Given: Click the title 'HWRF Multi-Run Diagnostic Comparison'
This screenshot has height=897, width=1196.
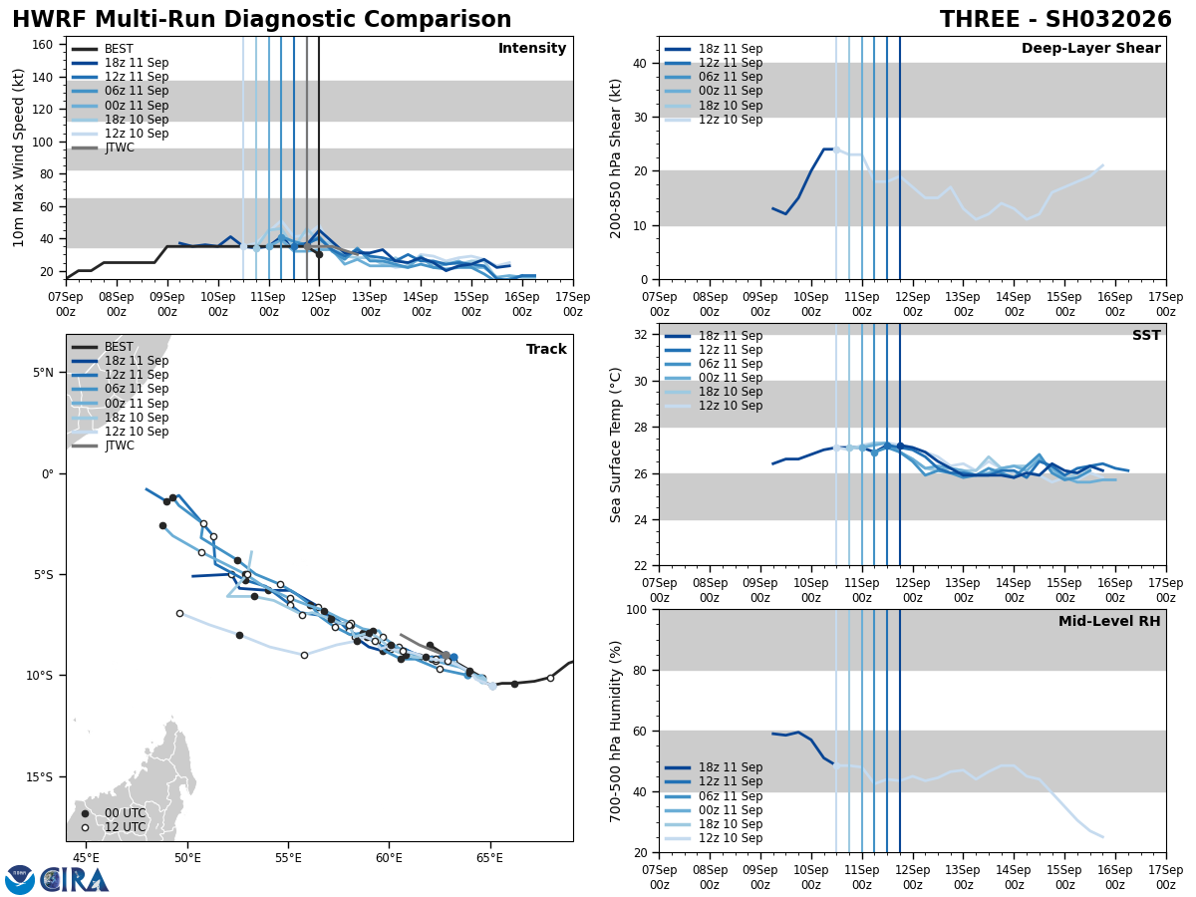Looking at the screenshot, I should click(261, 20).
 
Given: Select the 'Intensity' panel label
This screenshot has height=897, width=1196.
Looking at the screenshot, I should click(532, 49).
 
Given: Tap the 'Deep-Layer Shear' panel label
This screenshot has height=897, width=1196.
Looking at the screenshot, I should click(1090, 49).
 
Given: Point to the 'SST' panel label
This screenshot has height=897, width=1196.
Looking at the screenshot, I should click(1146, 336).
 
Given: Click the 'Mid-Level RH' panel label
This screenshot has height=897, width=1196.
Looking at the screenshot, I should click(1109, 622).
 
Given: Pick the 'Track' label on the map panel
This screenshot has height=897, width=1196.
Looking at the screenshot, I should click(546, 350).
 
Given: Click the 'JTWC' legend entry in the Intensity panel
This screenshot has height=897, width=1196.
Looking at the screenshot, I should click(119, 148).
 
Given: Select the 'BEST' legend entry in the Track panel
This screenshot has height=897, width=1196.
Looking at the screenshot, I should click(119, 347).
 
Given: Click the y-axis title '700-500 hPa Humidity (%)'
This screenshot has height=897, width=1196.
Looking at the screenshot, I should click(617, 731).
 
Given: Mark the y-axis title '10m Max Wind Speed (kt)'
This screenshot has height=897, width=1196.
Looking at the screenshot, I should click(19, 157).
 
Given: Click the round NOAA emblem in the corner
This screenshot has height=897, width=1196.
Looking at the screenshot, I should click(20, 880).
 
